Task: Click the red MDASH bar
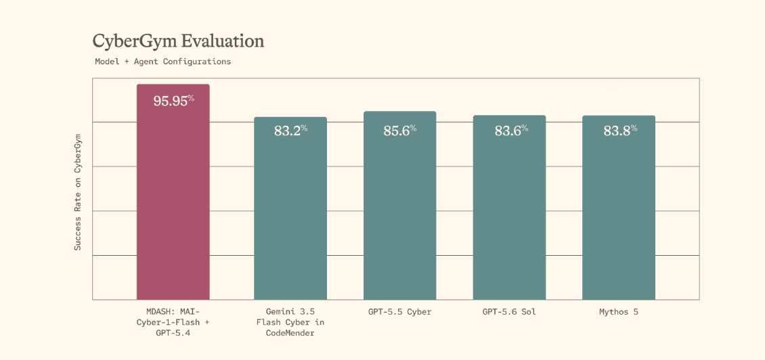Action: [x=173, y=192]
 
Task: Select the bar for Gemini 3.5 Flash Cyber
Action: [x=290, y=208]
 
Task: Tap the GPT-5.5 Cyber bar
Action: [x=399, y=205]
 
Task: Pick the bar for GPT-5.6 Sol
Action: [x=509, y=207]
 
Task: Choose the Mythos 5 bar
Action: [x=619, y=208]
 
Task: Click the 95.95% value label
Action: [x=174, y=100]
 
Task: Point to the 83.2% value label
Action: [x=291, y=131]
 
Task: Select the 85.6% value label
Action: [x=400, y=131]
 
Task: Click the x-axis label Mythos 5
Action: [x=619, y=312]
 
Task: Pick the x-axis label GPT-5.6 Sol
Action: [x=509, y=312]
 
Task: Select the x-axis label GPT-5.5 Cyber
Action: [x=400, y=312]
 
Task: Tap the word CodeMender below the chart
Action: [x=290, y=333]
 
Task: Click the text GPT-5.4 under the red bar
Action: [x=173, y=333]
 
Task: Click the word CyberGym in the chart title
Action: [x=134, y=42]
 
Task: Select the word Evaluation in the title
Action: [x=223, y=41]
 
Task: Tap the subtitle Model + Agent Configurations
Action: [x=163, y=62]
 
